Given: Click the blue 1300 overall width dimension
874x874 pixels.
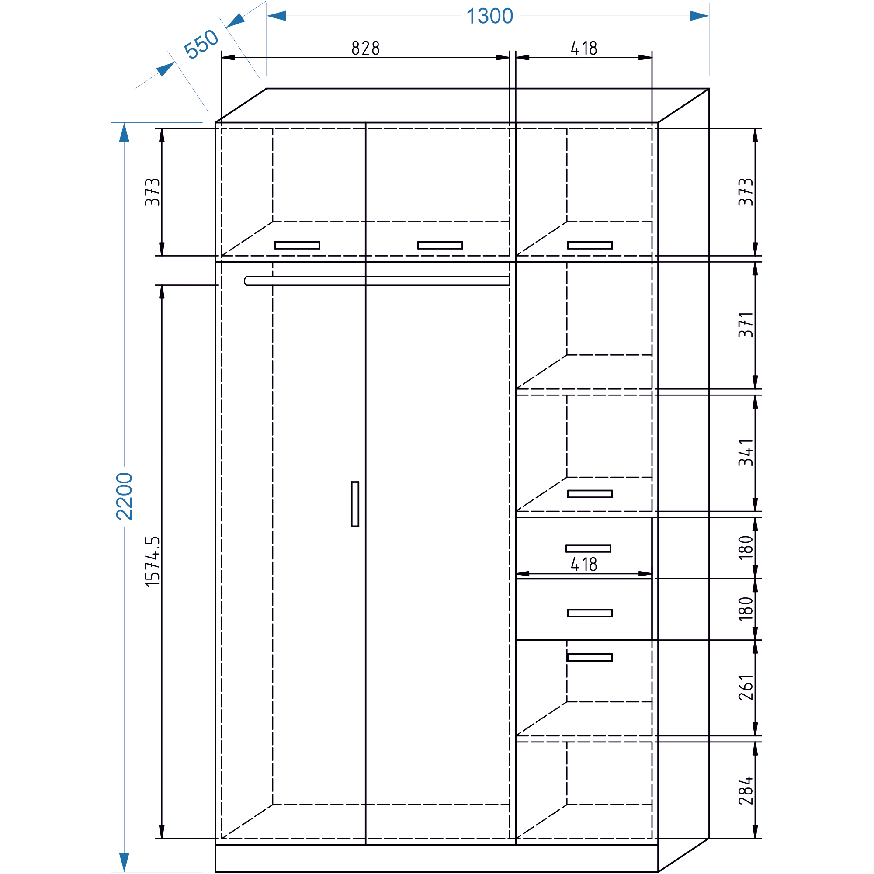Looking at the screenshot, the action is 489,16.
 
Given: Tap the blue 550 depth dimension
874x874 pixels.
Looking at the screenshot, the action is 201,43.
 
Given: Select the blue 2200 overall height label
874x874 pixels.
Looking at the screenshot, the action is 125,496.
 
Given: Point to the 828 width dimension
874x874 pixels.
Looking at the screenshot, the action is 365,48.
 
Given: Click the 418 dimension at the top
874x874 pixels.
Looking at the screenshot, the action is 584,48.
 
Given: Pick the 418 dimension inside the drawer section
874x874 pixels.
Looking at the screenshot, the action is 584,564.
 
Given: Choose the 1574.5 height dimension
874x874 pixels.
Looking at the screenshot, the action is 153,562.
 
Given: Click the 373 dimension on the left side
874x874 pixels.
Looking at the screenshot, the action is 153,192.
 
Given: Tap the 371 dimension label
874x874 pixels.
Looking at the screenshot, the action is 746,325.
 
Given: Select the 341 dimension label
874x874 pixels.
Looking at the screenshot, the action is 746,452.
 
